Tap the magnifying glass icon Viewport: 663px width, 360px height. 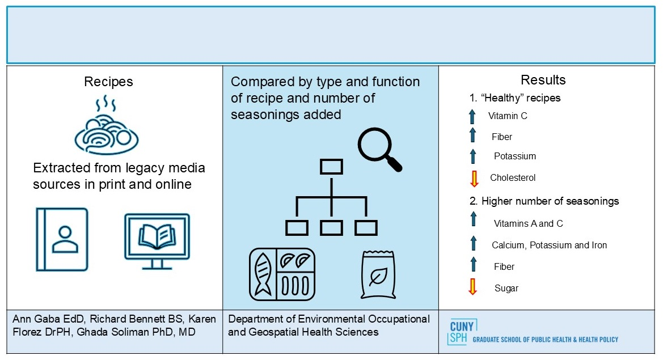[x=379, y=150]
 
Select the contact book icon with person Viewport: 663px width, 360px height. [x=62, y=239]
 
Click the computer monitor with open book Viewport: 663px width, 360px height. [x=157, y=242]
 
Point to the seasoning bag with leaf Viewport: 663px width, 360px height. [x=378, y=274]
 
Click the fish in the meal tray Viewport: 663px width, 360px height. [x=262, y=274]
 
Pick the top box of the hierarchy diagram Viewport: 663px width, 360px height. [x=331, y=167]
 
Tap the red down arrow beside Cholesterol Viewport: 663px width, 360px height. [x=474, y=179]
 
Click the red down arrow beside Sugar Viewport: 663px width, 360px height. [x=473, y=286]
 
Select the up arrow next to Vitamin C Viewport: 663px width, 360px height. [x=472, y=117]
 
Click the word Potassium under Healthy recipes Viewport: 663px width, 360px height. [x=514, y=156]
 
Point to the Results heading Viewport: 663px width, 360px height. [x=543, y=80]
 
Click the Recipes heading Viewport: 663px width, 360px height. [x=108, y=82]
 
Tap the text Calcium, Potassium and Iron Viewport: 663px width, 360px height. [x=549, y=245]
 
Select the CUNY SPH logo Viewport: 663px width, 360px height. [x=533, y=333]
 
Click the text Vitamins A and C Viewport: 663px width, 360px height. [x=528, y=223]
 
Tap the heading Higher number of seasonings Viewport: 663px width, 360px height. [x=550, y=201]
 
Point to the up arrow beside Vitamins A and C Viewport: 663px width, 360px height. [x=474, y=219]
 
